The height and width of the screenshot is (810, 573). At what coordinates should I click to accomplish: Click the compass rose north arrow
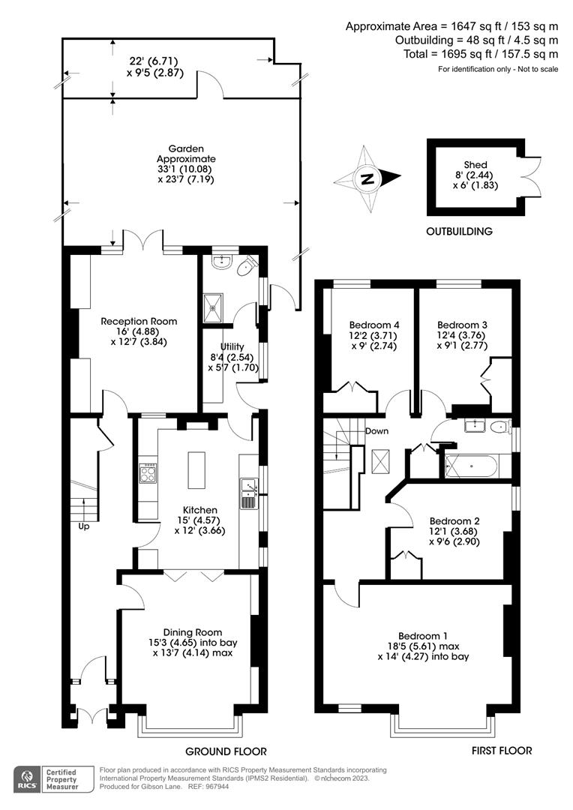tap(367, 179)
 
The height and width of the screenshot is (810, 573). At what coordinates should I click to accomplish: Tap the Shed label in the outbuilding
tap(475, 165)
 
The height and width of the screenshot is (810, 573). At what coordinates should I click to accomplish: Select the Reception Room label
tap(139, 321)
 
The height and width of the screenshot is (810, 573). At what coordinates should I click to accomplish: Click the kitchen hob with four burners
tap(147, 474)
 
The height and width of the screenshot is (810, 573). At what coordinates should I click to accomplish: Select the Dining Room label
tap(193, 632)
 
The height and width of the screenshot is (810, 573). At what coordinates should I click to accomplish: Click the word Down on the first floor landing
tap(376, 431)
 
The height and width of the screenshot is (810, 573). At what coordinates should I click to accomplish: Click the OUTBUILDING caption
tap(459, 232)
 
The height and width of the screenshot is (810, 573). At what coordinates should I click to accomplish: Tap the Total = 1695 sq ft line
tap(476, 54)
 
